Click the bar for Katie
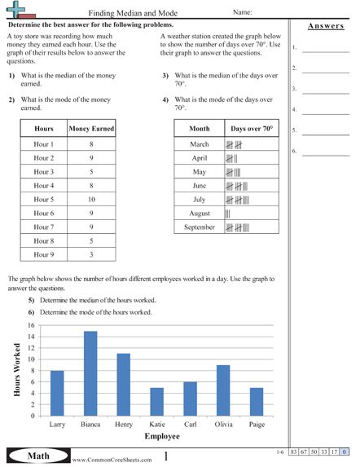157,401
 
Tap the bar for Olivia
223,390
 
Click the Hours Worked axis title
16,370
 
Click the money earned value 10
91,199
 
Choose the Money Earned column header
91,129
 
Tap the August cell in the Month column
200,213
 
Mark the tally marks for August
228,213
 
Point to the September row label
200,227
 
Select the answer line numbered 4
325,110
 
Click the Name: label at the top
242,14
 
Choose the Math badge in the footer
33,456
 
